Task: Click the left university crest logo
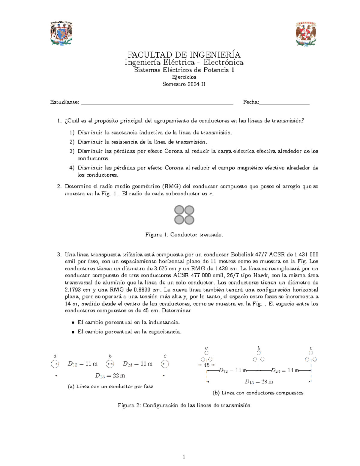point(61,33)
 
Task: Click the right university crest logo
point(306,34)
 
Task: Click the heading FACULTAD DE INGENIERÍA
point(184,55)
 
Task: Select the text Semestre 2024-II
point(184,84)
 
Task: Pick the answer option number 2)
point(72,142)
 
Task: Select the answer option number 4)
point(72,168)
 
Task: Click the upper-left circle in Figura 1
point(179,210)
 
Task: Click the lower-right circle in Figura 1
point(189,220)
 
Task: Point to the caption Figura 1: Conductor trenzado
point(184,235)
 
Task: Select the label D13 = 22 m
point(110,375)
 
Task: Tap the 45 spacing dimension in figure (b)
point(207,365)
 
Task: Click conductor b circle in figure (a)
point(110,364)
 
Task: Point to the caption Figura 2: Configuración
point(184,405)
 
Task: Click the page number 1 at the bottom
point(184,457)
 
